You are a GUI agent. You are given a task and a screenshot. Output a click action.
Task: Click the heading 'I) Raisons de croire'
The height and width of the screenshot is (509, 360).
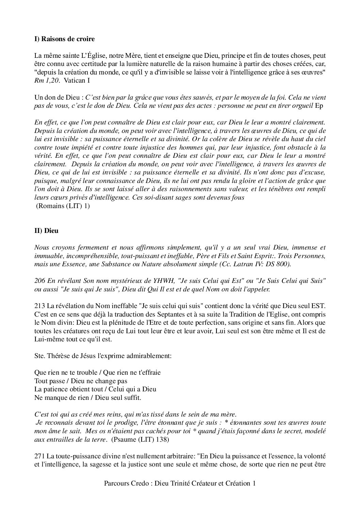point(65,39)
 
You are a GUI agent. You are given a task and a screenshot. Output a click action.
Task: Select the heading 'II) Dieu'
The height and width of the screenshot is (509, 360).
point(46,231)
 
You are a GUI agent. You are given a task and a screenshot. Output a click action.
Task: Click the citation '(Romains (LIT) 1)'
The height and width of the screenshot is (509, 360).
point(63,206)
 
